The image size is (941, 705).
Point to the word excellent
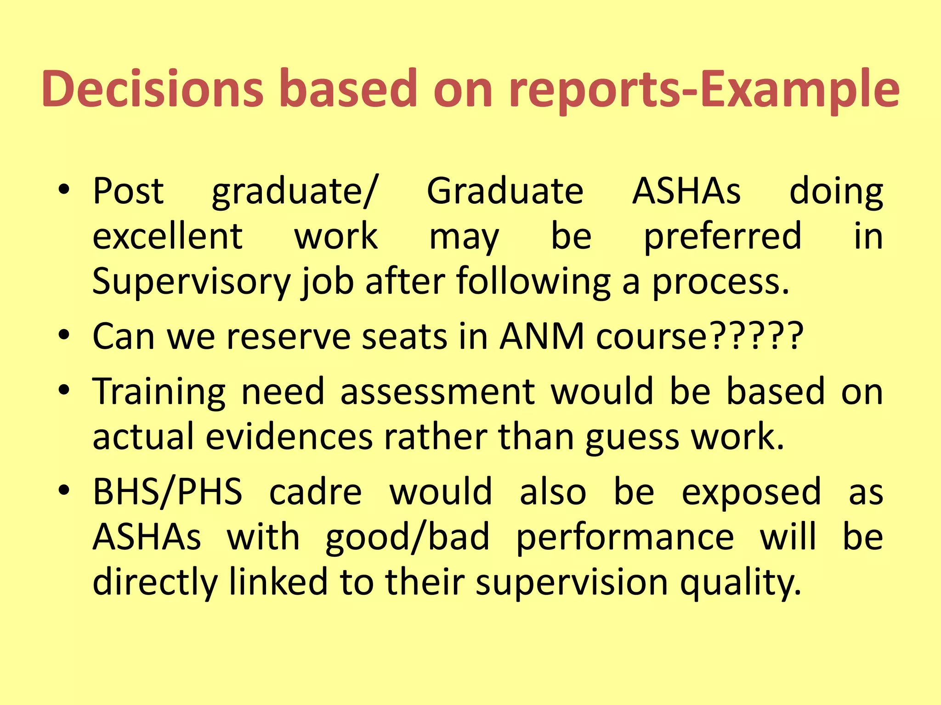168,236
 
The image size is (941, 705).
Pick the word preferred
722,237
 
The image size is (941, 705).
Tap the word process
720,283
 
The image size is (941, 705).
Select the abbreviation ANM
542,336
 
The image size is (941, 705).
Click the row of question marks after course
756,336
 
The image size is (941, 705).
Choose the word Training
159,392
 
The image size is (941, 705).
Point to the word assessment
437,392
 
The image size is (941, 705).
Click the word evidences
289,437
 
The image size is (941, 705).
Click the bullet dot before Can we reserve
64,336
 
